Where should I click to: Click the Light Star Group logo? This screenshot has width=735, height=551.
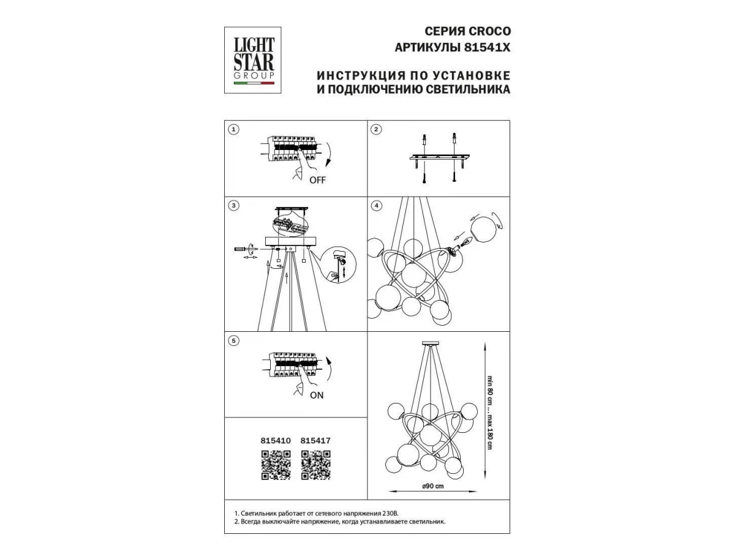(252, 60)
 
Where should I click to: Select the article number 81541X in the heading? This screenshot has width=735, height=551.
(487, 48)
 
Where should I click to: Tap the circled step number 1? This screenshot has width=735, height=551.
(233, 129)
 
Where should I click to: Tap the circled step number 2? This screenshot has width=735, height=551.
(376, 129)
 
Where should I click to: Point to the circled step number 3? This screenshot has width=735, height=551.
(234, 206)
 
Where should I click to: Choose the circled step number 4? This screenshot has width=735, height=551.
(377, 206)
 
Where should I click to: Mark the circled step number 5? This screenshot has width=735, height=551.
(233, 341)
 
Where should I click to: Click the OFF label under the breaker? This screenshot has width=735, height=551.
(317, 181)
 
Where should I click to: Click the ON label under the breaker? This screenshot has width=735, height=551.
(317, 395)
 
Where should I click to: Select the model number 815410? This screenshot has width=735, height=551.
(276, 441)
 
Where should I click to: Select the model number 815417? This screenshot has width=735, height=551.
(315, 441)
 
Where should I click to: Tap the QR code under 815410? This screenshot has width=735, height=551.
(276, 465)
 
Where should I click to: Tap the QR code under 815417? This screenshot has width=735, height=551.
(316, 465)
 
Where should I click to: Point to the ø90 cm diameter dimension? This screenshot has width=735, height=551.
(433, 486)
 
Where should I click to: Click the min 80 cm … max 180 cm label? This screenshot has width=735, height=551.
(490, 413)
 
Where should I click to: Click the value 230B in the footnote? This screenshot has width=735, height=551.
(390, 513)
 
